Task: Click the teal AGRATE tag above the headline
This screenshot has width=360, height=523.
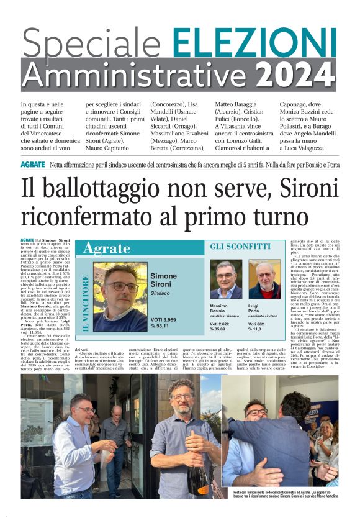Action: click(32, 165)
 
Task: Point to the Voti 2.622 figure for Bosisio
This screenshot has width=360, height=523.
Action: click(223, 324)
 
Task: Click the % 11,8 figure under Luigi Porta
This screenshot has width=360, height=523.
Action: click(256, 330)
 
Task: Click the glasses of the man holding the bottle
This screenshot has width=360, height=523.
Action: click(181, 396)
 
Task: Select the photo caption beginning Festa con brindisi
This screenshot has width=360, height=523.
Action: click(285, 494)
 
